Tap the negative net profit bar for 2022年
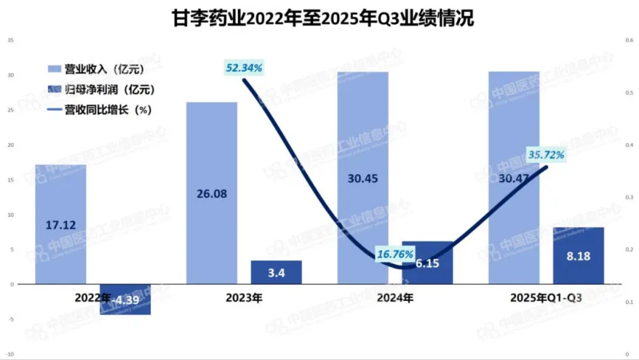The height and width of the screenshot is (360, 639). (126, 299)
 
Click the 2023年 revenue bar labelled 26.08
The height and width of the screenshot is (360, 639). (212, 193)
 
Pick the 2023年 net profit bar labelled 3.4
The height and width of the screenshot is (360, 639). (277, 272)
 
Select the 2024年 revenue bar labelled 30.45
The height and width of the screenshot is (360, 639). (362, 178)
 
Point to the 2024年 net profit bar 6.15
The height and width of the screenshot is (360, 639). (427, 263)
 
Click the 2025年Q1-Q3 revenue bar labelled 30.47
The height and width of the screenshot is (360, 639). (513, 178)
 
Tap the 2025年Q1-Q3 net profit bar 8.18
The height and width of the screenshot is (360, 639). (578, 255)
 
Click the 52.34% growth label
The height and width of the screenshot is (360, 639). (243, 68)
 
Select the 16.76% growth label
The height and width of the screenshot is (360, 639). (395, 255)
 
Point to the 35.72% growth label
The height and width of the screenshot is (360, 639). (546, 154)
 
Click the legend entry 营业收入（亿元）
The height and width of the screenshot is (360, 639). (94, 69)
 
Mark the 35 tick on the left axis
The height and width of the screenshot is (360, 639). (10, 40)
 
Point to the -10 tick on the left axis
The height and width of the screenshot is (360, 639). (9, 354)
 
